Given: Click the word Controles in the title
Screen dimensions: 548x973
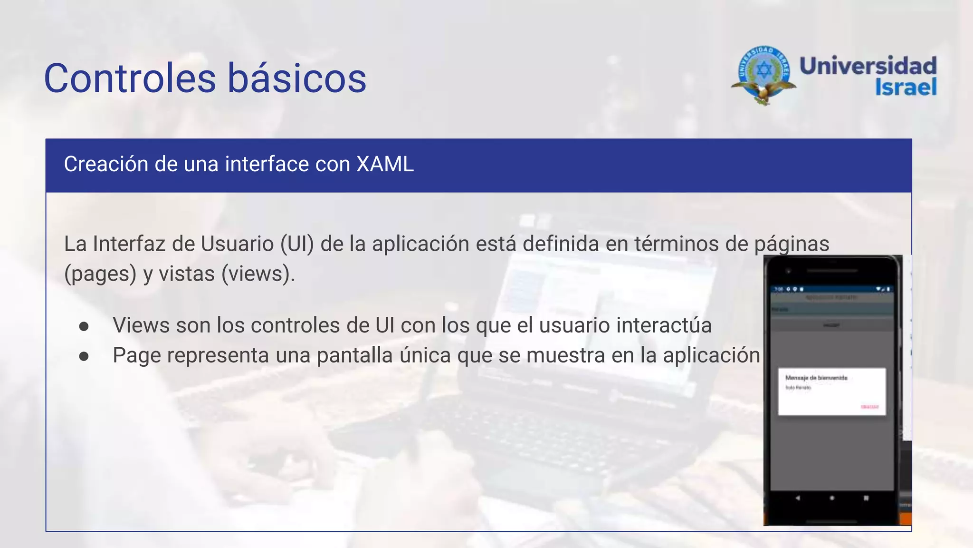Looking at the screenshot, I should (x=130, y=78).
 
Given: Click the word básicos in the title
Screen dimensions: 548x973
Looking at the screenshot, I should (x=297, y=78).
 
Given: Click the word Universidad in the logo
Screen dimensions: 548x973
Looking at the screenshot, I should (x=868, y=66).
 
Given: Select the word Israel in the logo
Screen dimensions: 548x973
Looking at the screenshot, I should (x=906, y=87).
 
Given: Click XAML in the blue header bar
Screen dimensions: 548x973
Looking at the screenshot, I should (x=385, y=165).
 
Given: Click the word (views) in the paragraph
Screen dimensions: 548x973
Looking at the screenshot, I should (x=258, y=274).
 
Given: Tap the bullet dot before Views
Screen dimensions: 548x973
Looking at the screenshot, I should (x=84, y=326).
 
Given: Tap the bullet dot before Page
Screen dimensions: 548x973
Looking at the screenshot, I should (x=84, y=356).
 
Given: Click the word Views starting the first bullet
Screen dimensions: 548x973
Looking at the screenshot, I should (x=141, y=326).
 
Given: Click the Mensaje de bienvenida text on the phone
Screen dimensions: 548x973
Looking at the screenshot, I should (x=816, y=378).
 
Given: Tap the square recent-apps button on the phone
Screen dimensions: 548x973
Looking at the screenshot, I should (x=866, y=498).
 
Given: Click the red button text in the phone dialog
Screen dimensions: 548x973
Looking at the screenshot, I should (x=869, y=407).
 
